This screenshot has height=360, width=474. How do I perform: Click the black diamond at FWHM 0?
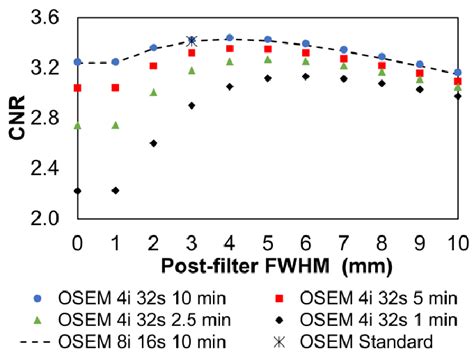(77, 190)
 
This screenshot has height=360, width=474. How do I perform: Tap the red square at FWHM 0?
(77, 88)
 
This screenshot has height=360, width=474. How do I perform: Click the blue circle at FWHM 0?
(77, 62)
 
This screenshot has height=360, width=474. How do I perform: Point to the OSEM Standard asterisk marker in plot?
(191, 41)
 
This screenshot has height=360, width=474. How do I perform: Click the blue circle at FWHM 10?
(457, 72)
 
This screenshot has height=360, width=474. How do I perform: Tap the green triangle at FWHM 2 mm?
(153, 92)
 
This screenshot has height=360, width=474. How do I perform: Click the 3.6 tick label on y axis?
(47, 18)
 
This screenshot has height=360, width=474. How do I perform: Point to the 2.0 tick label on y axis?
(47, 218)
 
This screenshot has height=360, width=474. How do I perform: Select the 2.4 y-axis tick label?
(47, 168)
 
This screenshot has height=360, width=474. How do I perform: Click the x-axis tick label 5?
(267, 242)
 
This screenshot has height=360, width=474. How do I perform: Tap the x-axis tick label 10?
(456, 242)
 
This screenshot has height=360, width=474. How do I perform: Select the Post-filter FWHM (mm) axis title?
(266, 266)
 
